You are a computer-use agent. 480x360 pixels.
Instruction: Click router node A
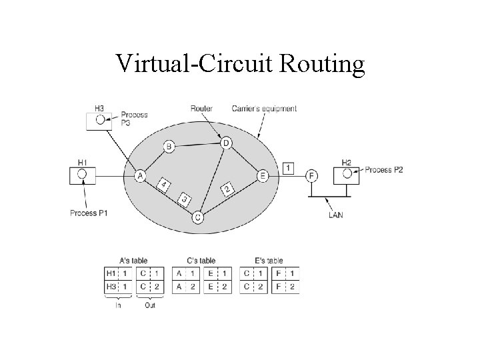point(140,176)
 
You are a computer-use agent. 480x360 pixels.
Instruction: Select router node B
point(169,147)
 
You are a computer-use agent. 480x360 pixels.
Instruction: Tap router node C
point(198,217)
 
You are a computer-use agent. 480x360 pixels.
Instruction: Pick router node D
point(226,143)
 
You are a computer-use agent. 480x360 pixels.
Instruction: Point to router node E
point(263,176)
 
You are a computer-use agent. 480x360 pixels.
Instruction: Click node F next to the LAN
point(311,176)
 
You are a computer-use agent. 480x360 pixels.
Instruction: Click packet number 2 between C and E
point(227,190)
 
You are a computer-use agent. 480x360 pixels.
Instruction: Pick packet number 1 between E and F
point(287,167)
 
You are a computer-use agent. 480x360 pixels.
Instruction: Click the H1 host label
point(83,162)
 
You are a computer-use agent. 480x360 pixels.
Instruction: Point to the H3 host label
point(99,107)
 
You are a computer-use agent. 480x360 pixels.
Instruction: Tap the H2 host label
point(347,162)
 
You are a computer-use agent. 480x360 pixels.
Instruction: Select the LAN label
point(336,215)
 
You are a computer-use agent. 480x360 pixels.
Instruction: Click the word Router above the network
point(201,108)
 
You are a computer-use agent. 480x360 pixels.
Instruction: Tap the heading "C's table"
point(201,261)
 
